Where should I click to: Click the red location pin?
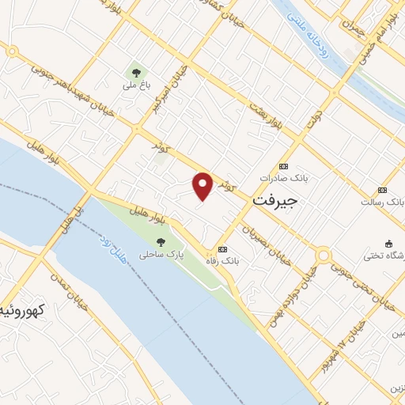[x=203, y=186]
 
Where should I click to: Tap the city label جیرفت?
[x=275, y=202]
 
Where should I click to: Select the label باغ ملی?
[x=131, y=83]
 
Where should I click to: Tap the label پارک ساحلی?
[x=156, y=255]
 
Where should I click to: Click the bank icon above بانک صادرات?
[x=284, y=168]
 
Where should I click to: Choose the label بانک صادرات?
[x=287, y=180]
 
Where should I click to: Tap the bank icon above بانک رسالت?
[x=383, y=190]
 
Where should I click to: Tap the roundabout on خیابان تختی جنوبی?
[x=323, y=255]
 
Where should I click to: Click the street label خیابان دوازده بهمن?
[x=305, y=294]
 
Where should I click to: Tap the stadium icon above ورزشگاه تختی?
[x=388, y=242]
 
